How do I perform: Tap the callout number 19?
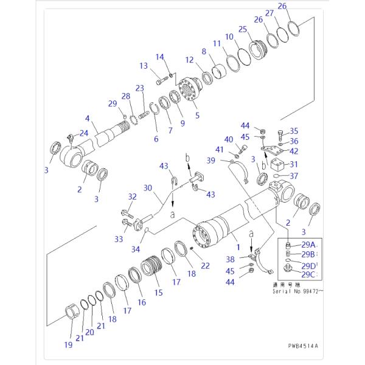coord(69,345)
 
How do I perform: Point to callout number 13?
coord(144,66)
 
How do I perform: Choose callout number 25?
coord(242,29)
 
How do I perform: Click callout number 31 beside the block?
coord(294,164)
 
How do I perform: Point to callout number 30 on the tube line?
coord(148,188)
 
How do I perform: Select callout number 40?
coord(229,139)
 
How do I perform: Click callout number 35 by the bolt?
coord(294,131)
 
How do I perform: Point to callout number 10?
coord(228,36)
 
